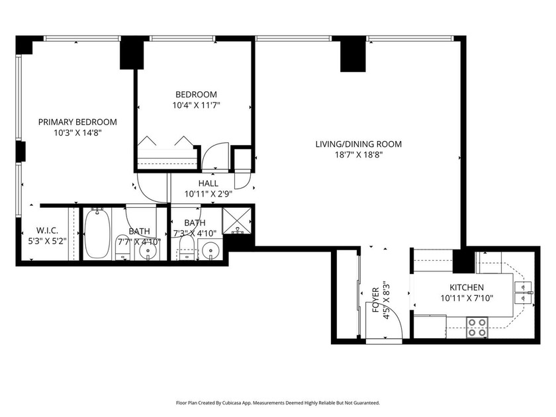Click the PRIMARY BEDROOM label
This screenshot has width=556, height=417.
click(x=77, y=122)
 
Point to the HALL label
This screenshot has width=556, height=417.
click(x=208, y=183)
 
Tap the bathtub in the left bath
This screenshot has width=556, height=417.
click(x=96, y=233)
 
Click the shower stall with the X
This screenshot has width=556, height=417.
click(x=234, y=220)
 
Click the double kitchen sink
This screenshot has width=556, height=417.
click(x=524, y=292)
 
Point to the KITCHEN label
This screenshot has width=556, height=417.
click(x=467, y=287)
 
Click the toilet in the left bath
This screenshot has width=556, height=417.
click(x=123, y=248)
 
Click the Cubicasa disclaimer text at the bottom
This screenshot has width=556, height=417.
click(x=277, y=402)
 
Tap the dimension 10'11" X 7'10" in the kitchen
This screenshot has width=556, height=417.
click(x=467, y=298)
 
